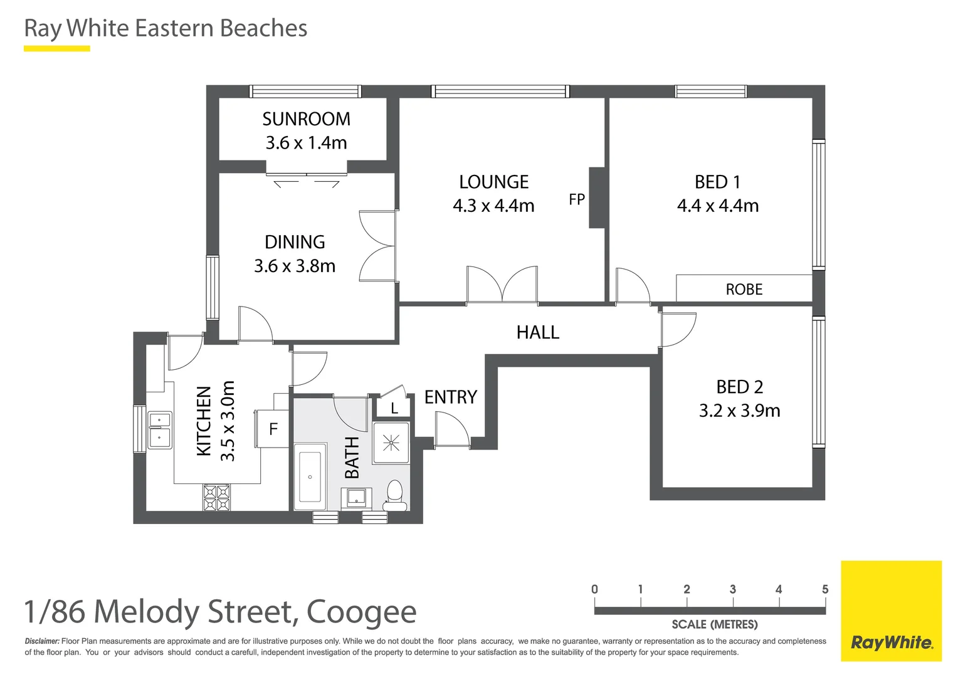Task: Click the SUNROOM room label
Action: (x=306, y=119)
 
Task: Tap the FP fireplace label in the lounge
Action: (x=577, y=199)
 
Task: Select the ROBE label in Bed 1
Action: (x=744, y=290)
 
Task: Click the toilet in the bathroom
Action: (x=394, y=494)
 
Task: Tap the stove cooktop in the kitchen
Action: (x=216, y=497)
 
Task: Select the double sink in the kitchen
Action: (x=159, y=429)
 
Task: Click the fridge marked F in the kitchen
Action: (x=273, y=429)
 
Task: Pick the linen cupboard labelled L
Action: (x=394, y=408)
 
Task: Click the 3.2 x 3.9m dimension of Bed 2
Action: (x=739, y=411)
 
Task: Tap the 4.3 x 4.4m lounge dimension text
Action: (x=493, y=206)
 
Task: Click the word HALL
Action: (x=537, y=332)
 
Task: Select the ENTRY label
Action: (x=450, y=397)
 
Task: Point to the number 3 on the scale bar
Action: (x=732, y=589)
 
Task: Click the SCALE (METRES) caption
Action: (x=714, y=624)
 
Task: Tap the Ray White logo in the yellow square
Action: (x=891, y=642)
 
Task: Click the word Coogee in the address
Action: (x=361, y=612)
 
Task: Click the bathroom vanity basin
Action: (x=356, y=498)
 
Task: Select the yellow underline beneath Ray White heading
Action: (x=56, y=48)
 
